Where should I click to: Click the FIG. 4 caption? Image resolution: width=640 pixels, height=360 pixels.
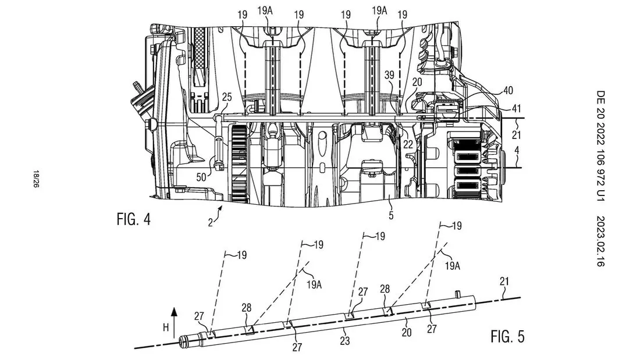[x=133, y=219]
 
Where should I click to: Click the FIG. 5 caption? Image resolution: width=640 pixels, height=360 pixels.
[x=507, y=337]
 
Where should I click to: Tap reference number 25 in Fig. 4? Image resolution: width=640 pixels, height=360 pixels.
[x=226, y=97]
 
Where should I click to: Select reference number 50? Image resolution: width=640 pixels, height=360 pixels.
[x=201, y=177]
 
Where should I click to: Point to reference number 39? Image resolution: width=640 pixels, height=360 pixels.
[x=389, y=74]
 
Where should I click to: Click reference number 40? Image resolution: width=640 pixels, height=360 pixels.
[x=508, y=90]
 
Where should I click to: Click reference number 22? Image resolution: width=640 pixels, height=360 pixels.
[x=408, y=144]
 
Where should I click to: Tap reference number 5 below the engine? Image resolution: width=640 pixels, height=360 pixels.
[x=391, y=215]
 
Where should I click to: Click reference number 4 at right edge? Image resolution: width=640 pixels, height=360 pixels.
[x=517, y=150]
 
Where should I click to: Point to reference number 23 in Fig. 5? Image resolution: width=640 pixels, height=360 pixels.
[x=345, y=340]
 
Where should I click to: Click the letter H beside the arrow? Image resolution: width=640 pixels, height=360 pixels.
[x=166, y=327]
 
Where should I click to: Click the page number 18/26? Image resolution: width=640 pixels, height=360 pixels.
[x=36, y=179]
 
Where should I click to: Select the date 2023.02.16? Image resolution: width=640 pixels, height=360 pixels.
[x=600, y=241]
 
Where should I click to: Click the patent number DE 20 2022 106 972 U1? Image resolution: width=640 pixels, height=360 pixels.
[x=600, y=146]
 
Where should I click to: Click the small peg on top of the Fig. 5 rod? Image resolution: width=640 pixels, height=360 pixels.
[x=457, y=293]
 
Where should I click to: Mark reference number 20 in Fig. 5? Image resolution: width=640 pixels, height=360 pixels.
[x=407, y=332]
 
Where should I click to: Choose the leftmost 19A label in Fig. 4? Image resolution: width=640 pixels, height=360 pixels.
[x=265, y=10]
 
